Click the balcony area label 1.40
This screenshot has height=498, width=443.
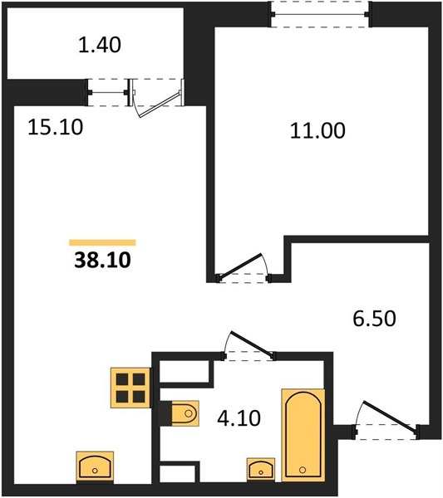100,45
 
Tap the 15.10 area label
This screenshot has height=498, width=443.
56,127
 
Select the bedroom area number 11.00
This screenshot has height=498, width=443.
317,130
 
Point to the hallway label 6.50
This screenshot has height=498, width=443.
374,319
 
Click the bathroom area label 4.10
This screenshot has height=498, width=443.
239,418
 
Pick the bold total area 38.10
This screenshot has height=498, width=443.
102,260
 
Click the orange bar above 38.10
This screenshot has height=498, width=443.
102,242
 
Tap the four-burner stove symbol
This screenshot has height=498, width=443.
130,388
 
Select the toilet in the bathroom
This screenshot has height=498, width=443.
185,413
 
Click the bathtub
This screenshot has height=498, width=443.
303,439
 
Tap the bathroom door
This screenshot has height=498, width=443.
249,345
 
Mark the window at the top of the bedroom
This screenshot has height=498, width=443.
320,14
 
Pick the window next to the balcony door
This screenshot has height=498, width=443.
108,92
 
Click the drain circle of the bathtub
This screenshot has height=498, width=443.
303,470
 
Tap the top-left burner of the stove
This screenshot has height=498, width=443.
122,379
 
